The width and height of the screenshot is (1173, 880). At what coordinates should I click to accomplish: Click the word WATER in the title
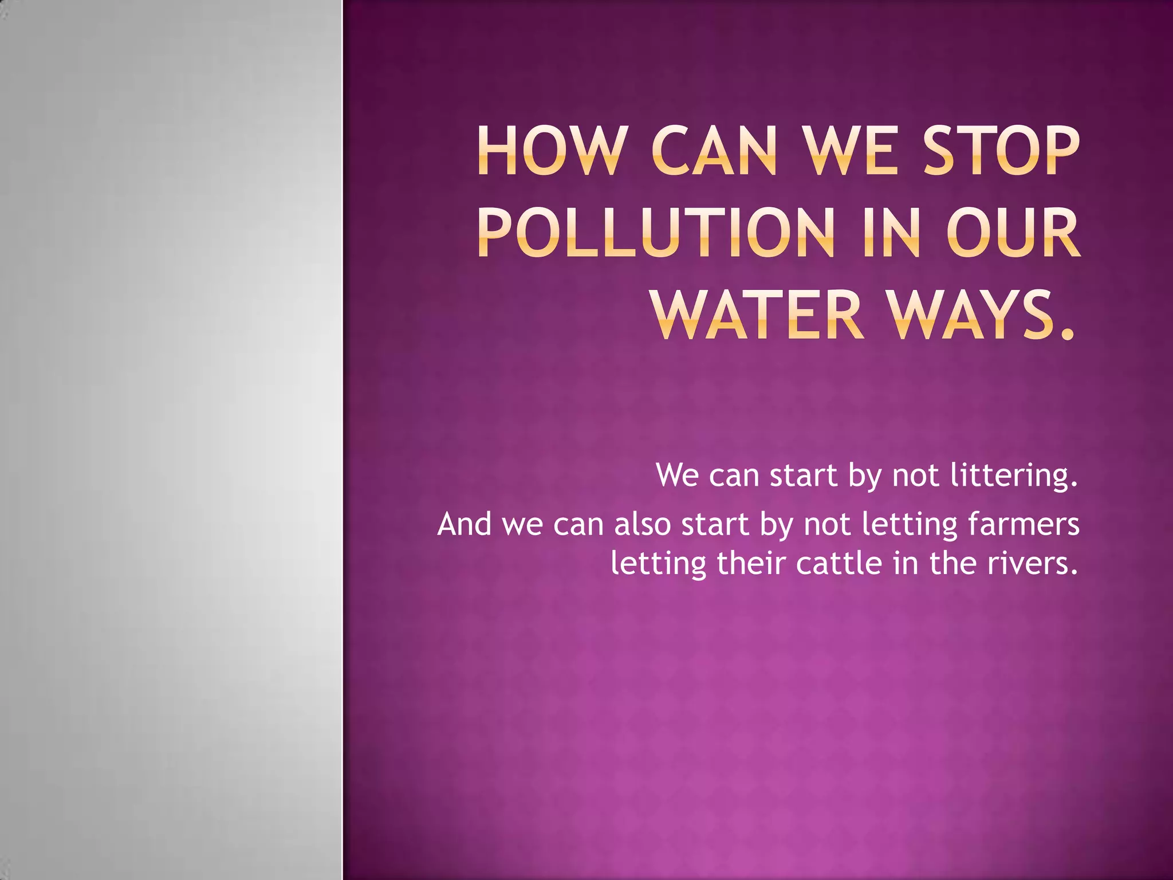758,316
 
